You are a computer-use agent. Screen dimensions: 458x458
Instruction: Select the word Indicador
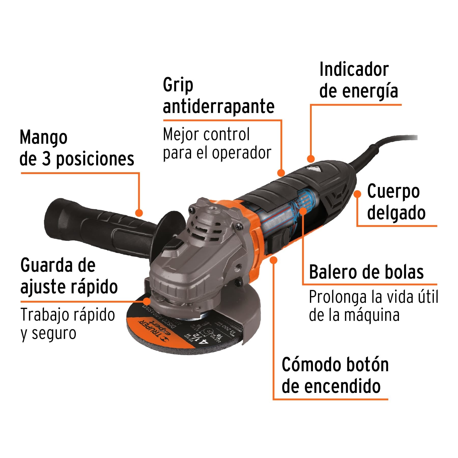tap(354, 69)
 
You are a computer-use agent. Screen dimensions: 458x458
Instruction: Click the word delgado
tap(396, 213)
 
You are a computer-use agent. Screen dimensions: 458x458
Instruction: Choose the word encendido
tap(331, 387)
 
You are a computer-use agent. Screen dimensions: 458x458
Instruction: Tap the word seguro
tap(54, 334)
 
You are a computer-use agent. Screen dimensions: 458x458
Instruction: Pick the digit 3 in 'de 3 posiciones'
tap(46, 159)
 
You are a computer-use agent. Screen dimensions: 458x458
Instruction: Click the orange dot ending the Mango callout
tap(139, 213)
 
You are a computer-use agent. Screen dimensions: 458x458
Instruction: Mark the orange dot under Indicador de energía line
tap(311, 159)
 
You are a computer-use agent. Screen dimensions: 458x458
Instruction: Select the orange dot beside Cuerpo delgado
tap(357, 194)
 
